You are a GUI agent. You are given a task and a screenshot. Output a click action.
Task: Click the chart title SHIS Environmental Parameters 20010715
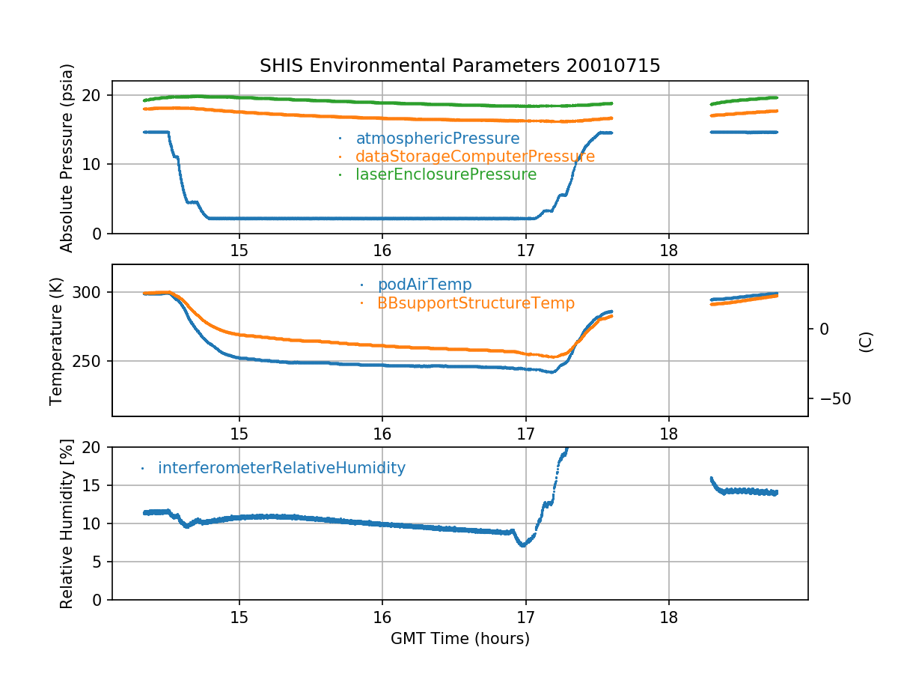coord(459,66)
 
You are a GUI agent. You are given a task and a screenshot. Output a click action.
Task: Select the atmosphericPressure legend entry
coord(437,139)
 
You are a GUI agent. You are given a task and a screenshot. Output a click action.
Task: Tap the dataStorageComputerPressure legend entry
coord(474,157)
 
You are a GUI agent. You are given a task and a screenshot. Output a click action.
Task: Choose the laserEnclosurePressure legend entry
coord(446,174)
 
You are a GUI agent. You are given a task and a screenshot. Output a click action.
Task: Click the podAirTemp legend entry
coord(424,285)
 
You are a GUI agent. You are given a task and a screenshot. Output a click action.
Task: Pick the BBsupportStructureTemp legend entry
coord(476,303)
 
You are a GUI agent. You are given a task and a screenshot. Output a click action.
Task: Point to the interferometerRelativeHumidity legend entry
coord(281,469)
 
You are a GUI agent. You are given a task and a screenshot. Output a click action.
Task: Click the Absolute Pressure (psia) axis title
coord(67,157)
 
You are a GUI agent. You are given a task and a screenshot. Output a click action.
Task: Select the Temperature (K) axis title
coord(57,341)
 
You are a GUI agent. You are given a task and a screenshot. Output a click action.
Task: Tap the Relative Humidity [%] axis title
coord(67,524)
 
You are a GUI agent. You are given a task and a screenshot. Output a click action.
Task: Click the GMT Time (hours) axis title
coord(459,639)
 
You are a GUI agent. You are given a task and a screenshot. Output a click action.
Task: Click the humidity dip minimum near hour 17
coord(523,544)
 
